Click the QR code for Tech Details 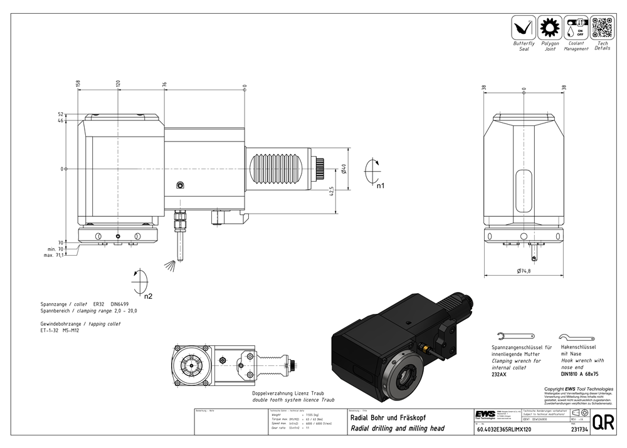pyautogui.click(x=602, y=27)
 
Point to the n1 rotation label pyautogui.click(x=380, y=186)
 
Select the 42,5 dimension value pyautogui.click(x=339, y=191)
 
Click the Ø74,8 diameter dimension pyautogui.click(x=524, y=271)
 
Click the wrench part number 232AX pyautogui.click(x=500, y=374)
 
